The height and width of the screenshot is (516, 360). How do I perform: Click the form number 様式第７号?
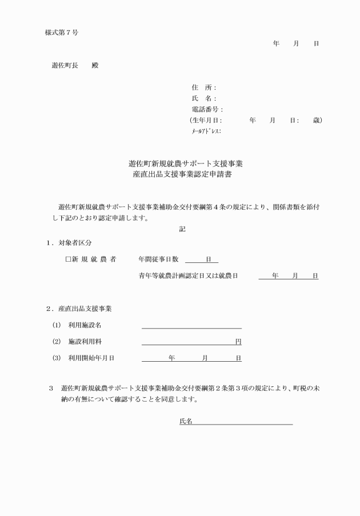point(62,32)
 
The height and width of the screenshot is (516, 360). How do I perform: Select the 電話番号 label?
point(207,109)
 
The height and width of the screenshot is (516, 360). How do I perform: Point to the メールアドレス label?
point(206,131)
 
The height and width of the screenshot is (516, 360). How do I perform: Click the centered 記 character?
point(182,229)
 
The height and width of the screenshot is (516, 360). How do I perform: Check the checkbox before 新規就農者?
point(68,259)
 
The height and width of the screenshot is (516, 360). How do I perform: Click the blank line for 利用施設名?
point(191,326)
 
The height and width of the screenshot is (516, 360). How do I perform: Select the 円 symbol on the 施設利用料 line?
point(238,342)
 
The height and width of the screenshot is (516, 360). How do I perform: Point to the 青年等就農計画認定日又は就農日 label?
point(188,276)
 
